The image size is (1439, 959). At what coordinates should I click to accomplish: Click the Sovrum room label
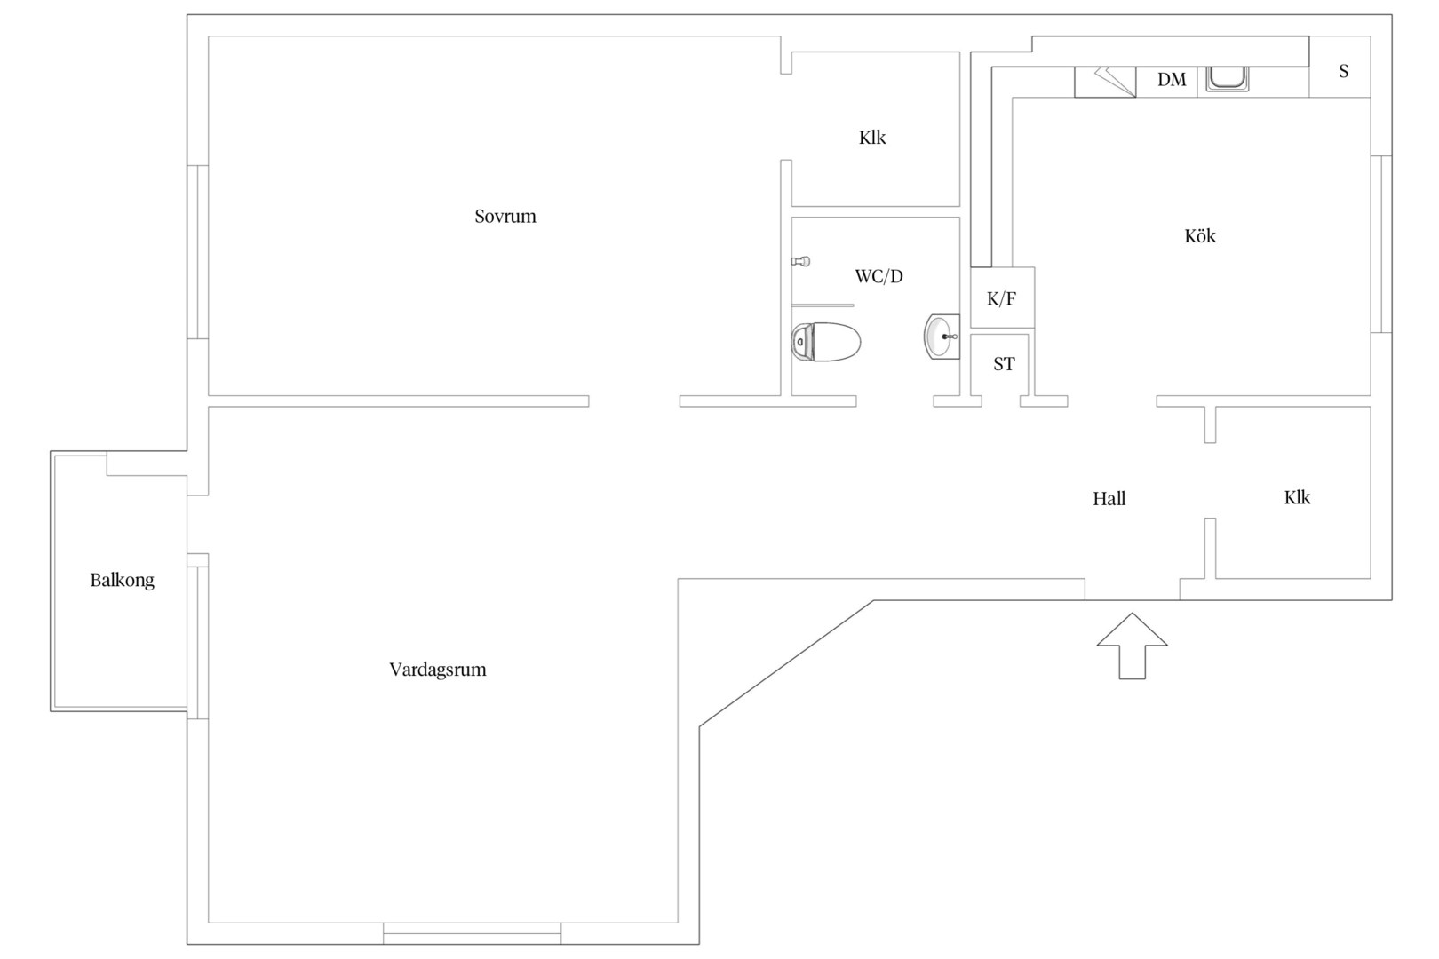click(505, 217)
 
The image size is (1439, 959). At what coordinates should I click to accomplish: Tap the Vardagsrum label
click(438, 670)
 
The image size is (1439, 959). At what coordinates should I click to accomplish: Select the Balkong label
click(122, 581)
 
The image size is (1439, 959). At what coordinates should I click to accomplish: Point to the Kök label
click(1199, 235)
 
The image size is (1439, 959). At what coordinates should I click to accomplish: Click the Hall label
click(1109, 499)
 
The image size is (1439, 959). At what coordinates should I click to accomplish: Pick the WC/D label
click(879, 276)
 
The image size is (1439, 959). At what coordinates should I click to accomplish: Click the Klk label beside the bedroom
click(871, 138)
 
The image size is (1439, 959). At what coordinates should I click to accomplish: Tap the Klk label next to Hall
click(1297, 497)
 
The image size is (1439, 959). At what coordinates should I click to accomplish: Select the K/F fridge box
click(1002, 297)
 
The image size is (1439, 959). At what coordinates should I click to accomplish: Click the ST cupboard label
click(1004, 364)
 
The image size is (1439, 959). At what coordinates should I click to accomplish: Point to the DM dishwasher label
click(1171, 80)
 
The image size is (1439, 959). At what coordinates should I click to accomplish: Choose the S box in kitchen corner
click(1340, 67)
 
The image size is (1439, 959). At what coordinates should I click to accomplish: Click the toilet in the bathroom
click(826, 342)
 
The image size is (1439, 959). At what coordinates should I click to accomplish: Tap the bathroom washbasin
click(942, 336)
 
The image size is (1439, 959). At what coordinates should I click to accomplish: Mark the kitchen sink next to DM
click(1227, 79)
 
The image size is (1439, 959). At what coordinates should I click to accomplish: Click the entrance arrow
click(1132, 646)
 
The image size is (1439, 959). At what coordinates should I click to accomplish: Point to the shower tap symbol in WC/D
click(800, 261)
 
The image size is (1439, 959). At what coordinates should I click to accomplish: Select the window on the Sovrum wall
click(198, 252)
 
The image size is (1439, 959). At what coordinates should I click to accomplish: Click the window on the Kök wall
click(1381, 244)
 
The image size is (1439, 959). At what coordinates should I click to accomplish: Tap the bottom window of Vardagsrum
click(473, 933)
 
